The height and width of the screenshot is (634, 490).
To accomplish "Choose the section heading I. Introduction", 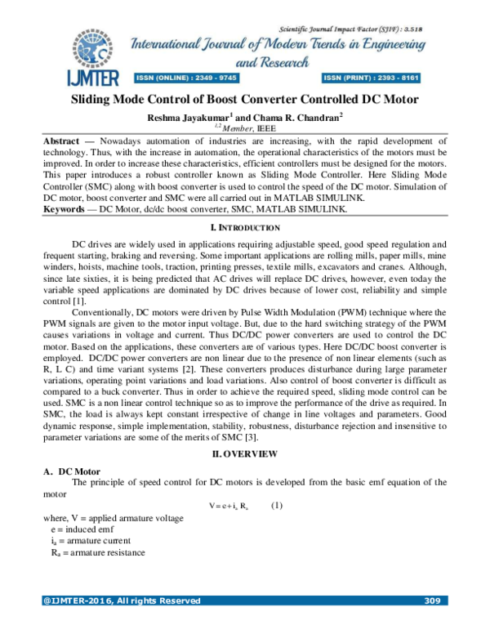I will [245, 225].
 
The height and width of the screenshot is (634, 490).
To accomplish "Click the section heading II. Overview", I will [244, 453].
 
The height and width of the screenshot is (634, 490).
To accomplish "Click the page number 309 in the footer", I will [433, 602].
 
